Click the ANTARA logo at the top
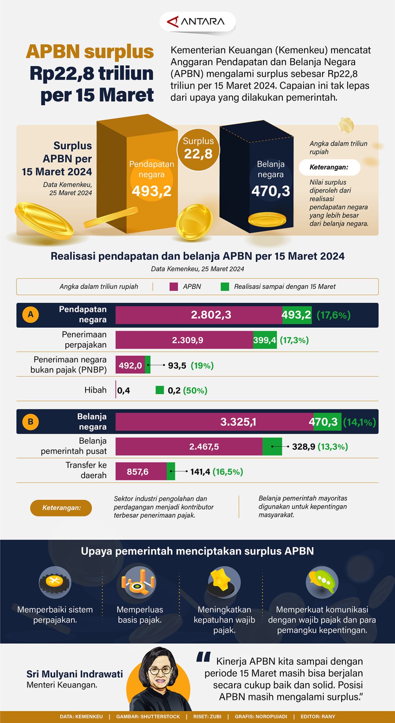[197, 22]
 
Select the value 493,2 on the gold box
[151, 191]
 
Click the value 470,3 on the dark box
[271, 191]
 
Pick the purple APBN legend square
[174, 286]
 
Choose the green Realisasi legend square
[225, 286]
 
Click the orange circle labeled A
[30, 314]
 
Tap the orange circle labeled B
[30, 422]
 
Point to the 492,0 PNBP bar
[130, 365]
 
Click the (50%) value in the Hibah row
[195, 390]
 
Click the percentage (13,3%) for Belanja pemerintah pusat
[333, 446]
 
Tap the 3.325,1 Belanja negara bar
[215, 422]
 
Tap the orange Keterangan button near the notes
[61, 508]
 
